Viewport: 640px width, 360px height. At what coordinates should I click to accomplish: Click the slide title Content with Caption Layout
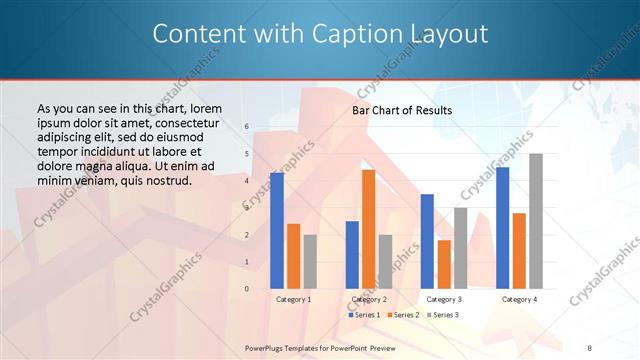click(320, 34)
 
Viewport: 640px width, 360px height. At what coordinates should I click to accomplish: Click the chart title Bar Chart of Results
click(401, 110)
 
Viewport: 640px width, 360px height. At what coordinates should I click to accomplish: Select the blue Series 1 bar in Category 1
click(277, 231)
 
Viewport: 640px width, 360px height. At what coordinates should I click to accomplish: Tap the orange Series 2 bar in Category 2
click(368, 229)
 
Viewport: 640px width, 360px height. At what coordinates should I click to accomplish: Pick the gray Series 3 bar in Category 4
click(536, 221)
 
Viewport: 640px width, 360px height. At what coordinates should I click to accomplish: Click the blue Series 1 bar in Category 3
click(427, 241)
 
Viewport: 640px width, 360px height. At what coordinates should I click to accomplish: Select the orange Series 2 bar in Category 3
click(444, 264)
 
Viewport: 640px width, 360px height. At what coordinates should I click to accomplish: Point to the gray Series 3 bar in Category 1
click(310, 262)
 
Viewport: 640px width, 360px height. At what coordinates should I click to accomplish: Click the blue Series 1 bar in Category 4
click(502, 228)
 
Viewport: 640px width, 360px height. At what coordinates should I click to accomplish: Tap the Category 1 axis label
click(293, 299)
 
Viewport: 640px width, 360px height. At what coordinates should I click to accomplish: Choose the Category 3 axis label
click(444, 299)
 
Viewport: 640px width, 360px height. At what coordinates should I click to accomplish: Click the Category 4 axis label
click(519, 299)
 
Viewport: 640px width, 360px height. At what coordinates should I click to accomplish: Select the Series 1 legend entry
click(364, 315)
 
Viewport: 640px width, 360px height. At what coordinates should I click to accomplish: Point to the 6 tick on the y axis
click(247, 127)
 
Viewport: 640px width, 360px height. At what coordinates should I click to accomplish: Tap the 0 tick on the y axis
click(247, 289)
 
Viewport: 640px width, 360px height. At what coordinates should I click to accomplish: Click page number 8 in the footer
click(589, 346)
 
